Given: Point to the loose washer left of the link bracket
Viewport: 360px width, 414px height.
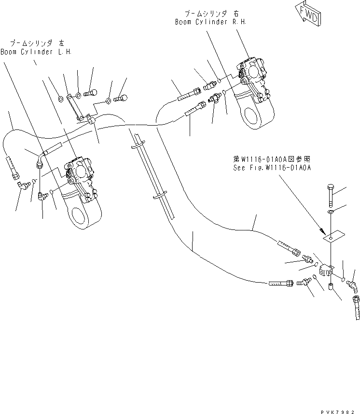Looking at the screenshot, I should click(x=60, y=100).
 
